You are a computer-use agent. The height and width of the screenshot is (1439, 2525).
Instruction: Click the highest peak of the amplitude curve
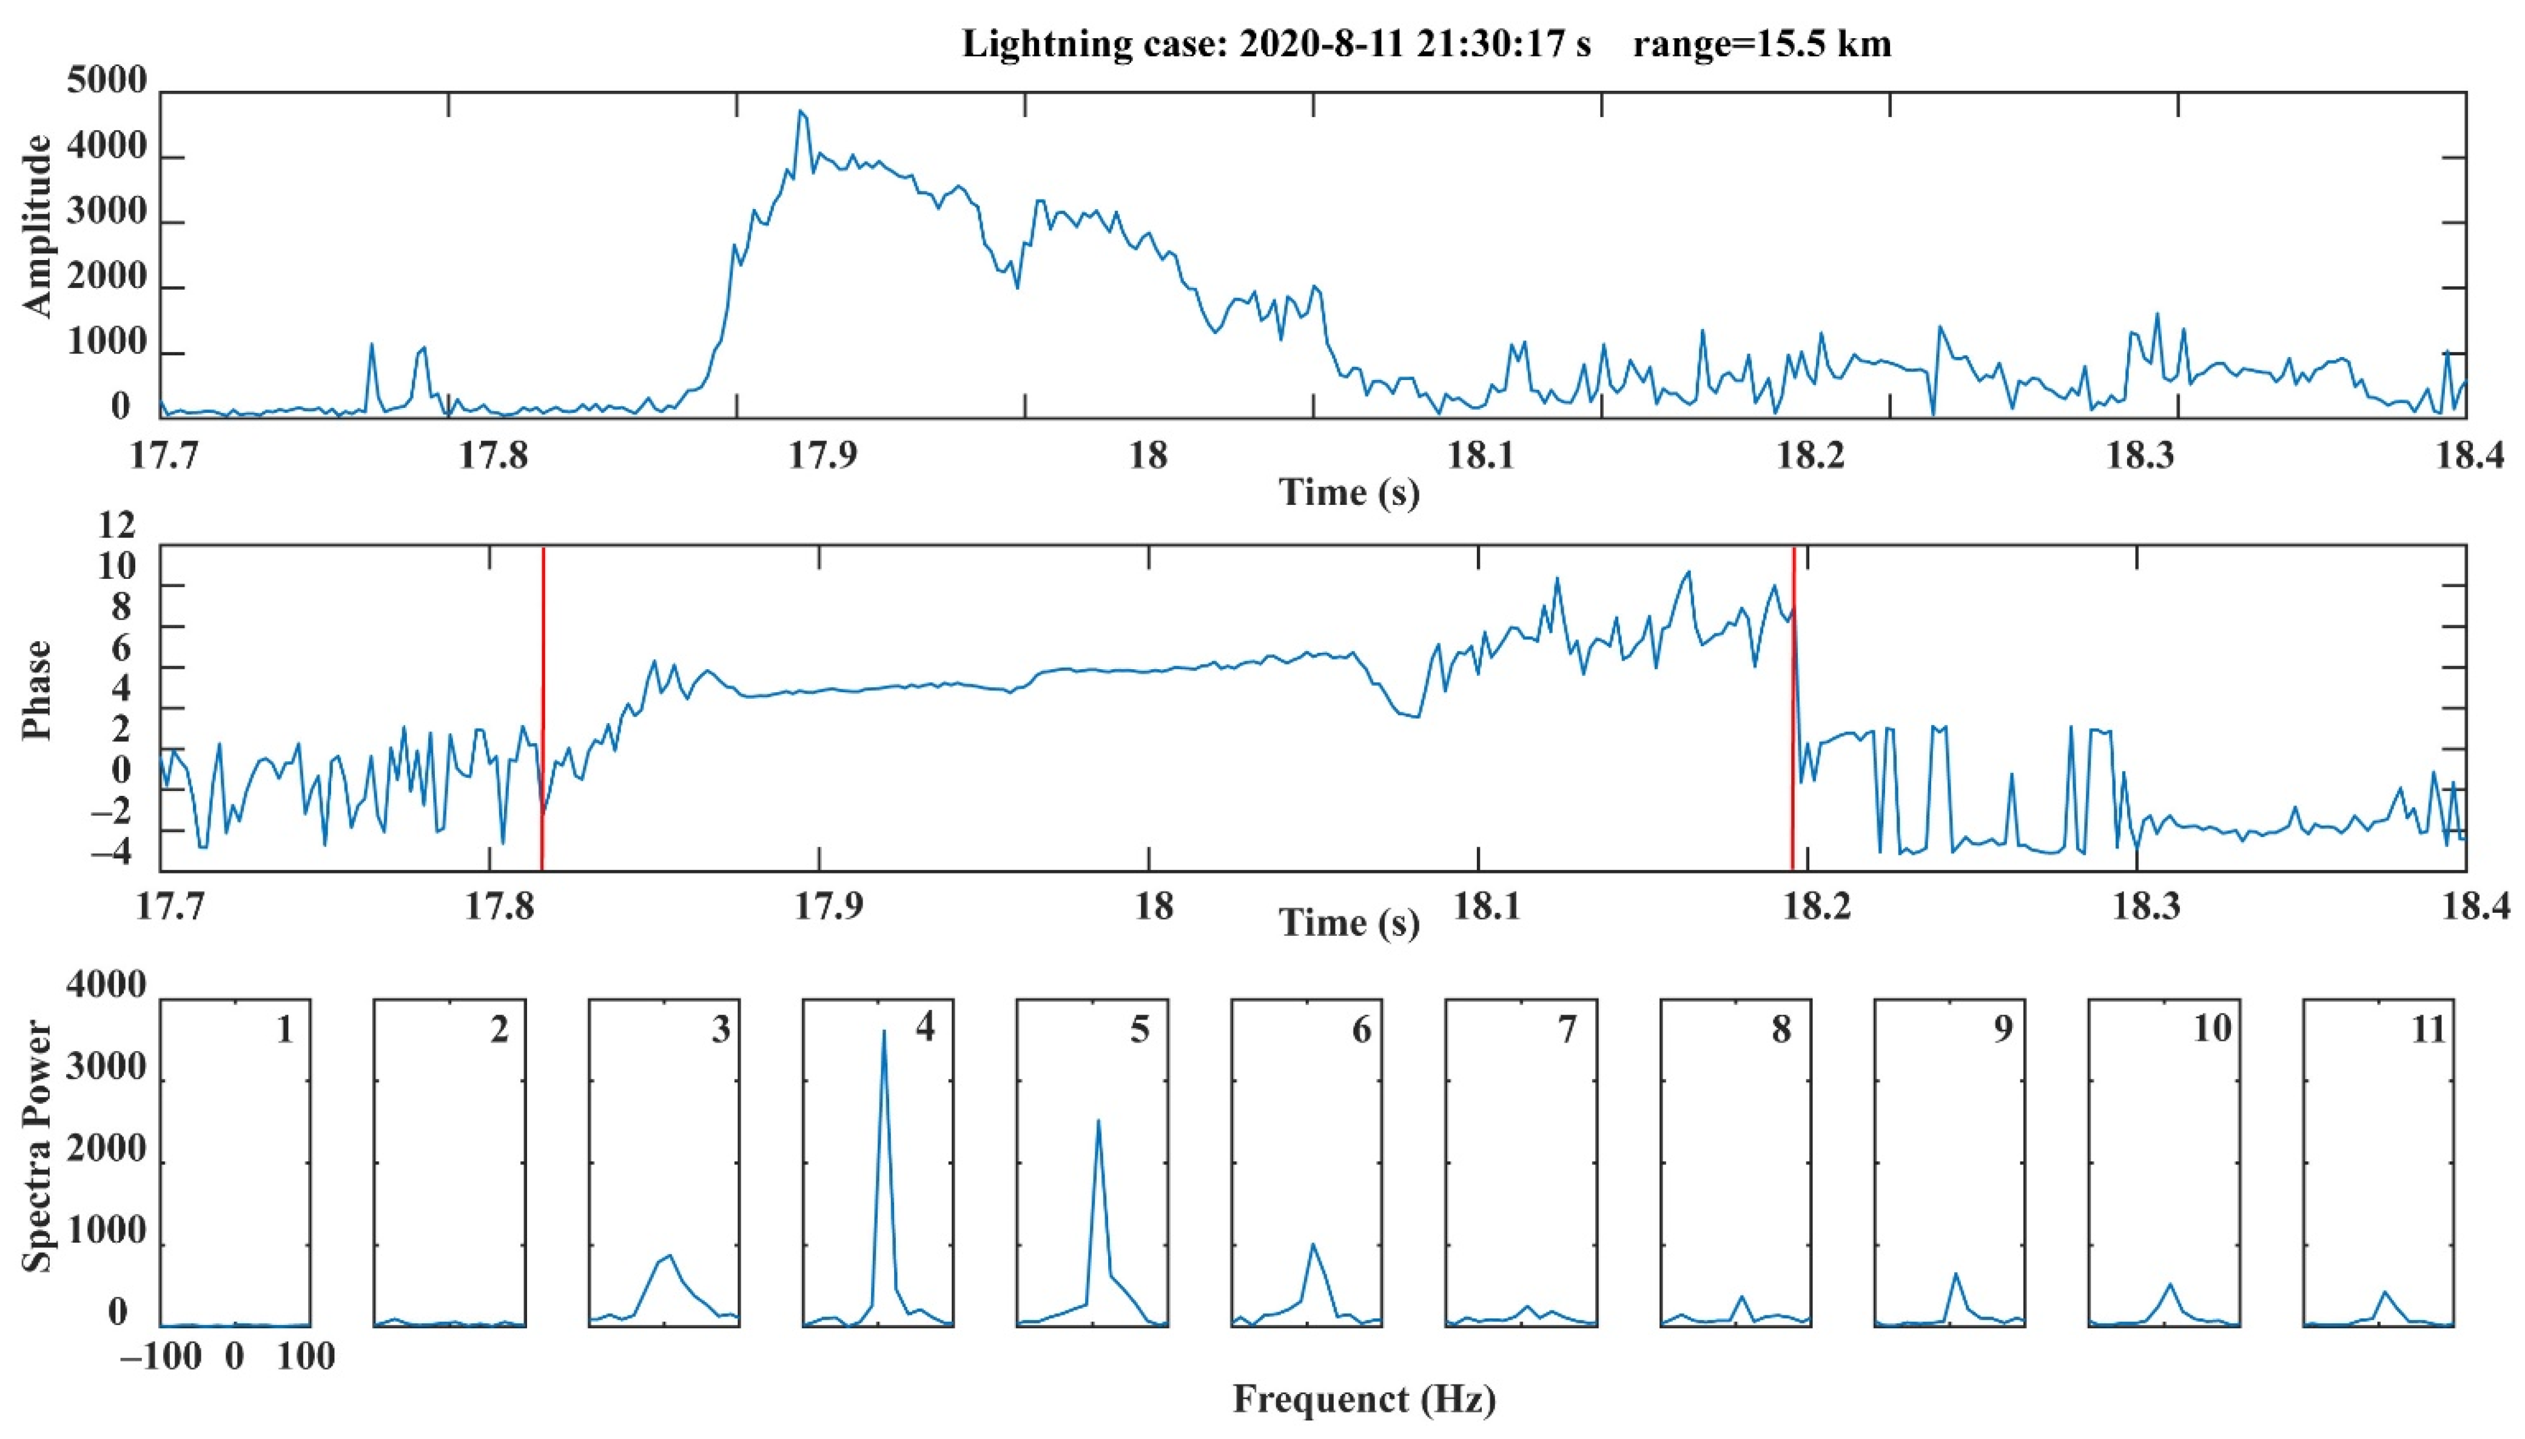pos(801,112)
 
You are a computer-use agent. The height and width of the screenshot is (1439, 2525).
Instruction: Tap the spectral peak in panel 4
pos(883,1032)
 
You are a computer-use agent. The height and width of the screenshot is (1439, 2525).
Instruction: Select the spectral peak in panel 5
pos(1098,1121)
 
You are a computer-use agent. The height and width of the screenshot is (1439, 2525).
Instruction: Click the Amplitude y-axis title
pos(38,227)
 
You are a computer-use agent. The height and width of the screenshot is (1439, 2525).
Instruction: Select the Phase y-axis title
pos(38,689)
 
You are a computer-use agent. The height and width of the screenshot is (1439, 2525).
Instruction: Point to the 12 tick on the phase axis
pos(116,526)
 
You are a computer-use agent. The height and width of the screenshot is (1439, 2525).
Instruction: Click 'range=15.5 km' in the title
pos(1762,44)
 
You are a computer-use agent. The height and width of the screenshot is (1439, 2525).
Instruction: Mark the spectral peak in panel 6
pos(1313,1244)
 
